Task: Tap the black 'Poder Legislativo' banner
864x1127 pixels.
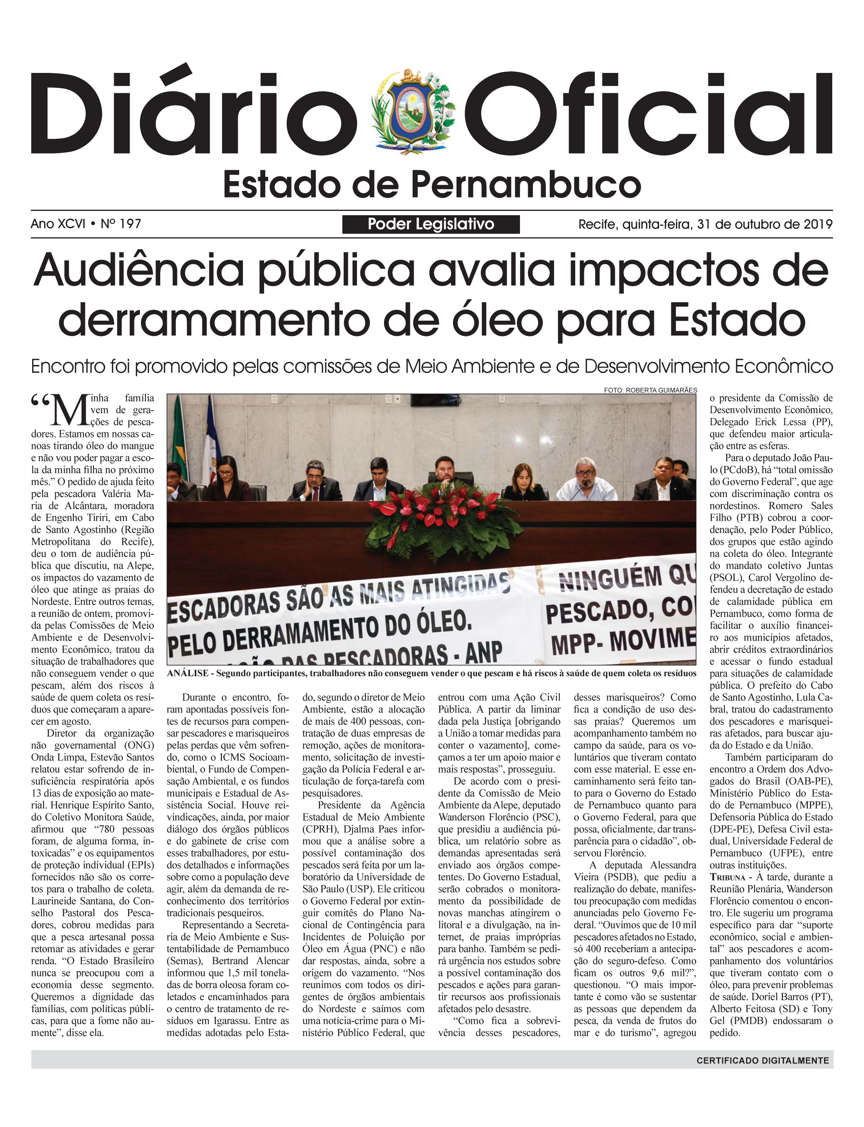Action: pos(431,224)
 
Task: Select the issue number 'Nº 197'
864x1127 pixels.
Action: pos(121,224)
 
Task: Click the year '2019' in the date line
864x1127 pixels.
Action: pos(818,224)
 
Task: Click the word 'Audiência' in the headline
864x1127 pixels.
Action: pos(138,270)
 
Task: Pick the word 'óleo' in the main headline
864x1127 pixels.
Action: pos(497,320)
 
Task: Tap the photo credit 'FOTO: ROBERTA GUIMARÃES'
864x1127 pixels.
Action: pos(650,390)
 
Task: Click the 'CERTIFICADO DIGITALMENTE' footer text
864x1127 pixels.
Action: pos(763,1060)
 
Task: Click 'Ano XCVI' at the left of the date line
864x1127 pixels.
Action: pos(58,224)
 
